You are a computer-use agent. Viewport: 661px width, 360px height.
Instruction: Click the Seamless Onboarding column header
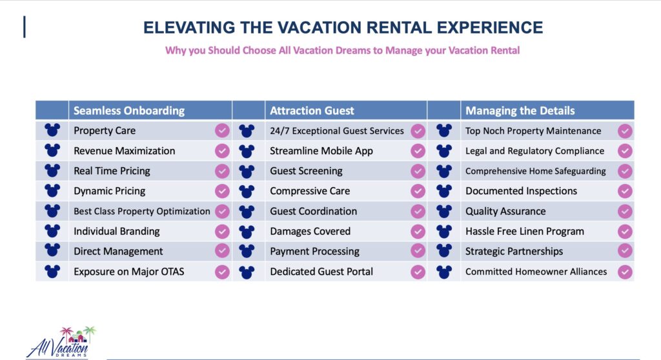pyautogui.click(x=129, y=110)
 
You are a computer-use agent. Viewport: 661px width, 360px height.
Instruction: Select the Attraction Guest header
pyautogui.click(x=312, y=110)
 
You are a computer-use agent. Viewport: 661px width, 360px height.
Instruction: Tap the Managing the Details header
pyautogui.click(x=520, y=110)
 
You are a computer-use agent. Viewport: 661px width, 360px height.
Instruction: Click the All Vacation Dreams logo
pyautogui.click(x=61, y=342)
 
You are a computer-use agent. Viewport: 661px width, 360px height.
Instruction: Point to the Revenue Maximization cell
pyautogui.click(x=125, y=151)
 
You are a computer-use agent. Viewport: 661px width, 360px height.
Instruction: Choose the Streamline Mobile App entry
pyautogui.click(x=321, y=151)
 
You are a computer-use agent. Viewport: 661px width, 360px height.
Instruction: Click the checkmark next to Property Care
pyautogui.click(x=222, y=131)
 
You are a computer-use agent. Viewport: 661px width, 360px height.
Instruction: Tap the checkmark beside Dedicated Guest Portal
pyautogui.click(x=418, y=272)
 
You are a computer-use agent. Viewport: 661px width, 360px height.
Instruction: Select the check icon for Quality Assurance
pyautogui.click(x=625, y=211)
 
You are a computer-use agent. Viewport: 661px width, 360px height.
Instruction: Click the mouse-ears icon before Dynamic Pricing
pyautogui.click(x=52, y=190)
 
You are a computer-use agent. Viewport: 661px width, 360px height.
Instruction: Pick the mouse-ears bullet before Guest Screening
pyautogui.click(x=247, y=171)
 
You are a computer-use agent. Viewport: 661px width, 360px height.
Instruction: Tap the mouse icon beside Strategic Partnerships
pyautogui.click(x=444, y=251)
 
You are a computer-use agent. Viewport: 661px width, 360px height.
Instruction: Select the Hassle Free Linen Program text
pyautogui.click(x=525, y=232)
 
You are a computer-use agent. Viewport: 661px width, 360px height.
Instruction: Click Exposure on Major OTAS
pyautogui.click(x=129, y=272)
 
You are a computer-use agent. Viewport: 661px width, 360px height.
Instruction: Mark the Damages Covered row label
pyautogui.click(x=310, y=232)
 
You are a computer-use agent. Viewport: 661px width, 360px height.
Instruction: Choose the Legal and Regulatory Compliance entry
pyautogui.click(x=534, y=151)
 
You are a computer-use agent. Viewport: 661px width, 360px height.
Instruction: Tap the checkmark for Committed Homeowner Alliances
pyautogui.click(x=625, y=272)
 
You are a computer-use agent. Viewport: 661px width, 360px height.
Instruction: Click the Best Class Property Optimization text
pyautogui.click(x=141, y=211)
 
